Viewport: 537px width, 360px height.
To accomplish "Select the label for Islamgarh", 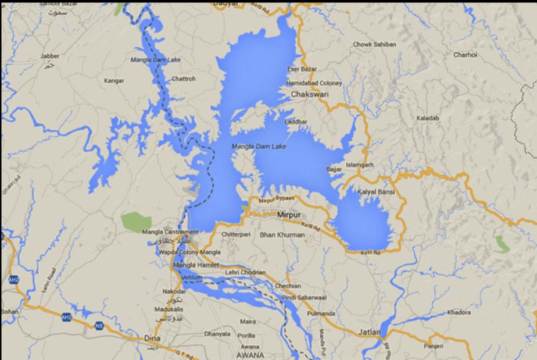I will pos(360,165).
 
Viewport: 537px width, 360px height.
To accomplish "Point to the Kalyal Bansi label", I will pos(376,192).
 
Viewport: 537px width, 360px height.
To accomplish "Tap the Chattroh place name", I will pos(184,79).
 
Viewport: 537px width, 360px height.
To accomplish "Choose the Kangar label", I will pos(114,81).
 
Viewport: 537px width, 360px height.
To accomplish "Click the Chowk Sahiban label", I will pos(375,44).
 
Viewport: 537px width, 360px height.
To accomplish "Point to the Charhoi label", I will pos(465,55).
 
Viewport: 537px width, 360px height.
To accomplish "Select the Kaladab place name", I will pos(428,118).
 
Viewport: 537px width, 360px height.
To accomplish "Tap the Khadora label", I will pos(459,312).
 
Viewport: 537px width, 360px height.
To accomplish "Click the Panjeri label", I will pos(434,345).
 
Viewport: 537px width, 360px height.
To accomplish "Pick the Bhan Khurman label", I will pos(282,235).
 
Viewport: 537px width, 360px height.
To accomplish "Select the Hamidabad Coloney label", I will pos(314,83).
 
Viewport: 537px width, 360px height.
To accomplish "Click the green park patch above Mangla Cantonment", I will pos(136,220).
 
